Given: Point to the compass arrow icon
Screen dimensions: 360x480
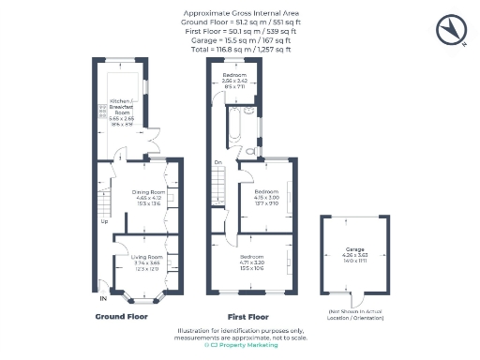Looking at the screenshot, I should click(x=451, y=29).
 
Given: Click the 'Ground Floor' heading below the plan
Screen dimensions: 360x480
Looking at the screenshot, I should click(x=122, y=317).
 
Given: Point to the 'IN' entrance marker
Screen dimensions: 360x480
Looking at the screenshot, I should click(x=103, y=299).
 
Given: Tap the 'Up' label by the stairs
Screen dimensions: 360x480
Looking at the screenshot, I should click(x=104, y=221).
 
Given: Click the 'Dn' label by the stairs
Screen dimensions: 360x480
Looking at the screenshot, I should click(x=217, y=162).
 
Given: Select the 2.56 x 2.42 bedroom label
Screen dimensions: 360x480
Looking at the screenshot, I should click(x=234, y=75).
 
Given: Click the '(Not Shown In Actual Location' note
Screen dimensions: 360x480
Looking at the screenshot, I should click(x=355, y=311).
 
